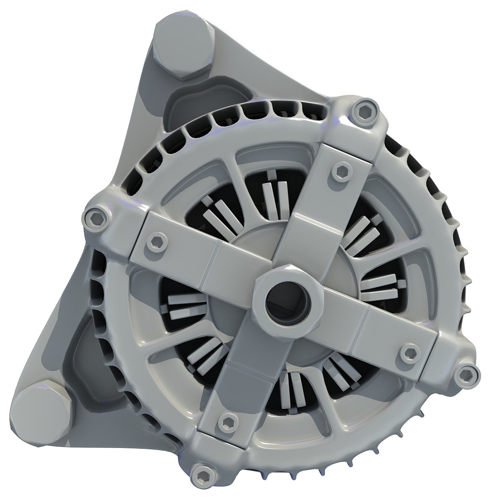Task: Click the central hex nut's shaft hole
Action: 287,304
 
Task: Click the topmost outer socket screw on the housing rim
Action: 363,111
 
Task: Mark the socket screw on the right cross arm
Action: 410,353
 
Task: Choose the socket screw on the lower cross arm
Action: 228,422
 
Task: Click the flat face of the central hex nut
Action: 271,280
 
